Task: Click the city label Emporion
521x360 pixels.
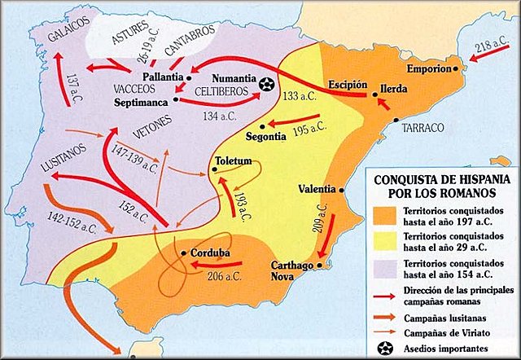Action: click(x=422, y=69)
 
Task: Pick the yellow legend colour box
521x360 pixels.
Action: click(x=386, y=240)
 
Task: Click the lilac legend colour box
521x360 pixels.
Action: click(x=386, y=266)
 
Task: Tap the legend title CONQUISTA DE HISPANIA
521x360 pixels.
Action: click(x=436, y=180)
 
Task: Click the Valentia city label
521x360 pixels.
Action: click(x=317, y=189)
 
